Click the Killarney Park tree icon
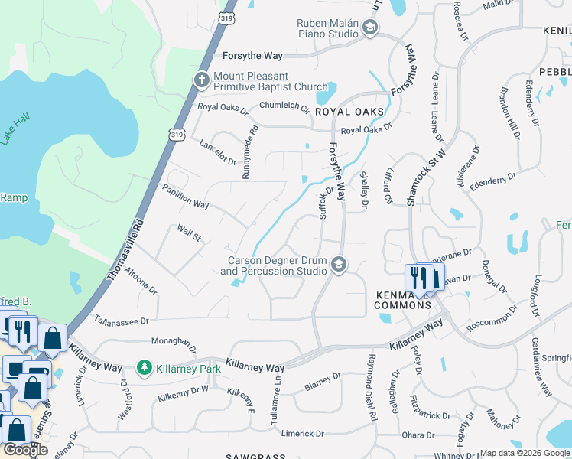click(144, 368)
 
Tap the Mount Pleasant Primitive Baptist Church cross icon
click(202, 80)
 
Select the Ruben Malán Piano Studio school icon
click(370, 29)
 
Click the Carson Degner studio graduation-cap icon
click(338, 265)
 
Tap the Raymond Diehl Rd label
click(372, 388)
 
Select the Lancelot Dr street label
click(217, 151)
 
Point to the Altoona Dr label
click(141, 280)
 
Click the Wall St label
click(188, 233)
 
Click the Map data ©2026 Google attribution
click(525, 453)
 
